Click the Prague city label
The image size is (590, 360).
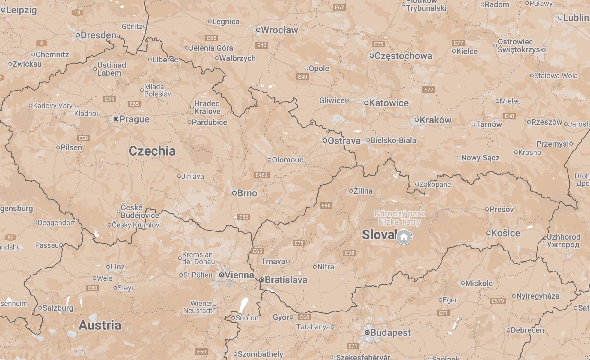134,119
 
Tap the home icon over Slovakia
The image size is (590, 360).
404,237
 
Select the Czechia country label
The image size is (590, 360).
152,151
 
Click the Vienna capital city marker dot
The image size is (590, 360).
222,275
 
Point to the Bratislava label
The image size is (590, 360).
286,280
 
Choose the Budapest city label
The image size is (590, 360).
390,332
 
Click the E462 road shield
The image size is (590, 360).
261,175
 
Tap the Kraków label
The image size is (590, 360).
435,120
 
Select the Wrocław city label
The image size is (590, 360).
279,30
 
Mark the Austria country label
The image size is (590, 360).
100,325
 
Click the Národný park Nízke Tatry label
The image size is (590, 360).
399,218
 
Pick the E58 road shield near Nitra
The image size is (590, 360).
350,253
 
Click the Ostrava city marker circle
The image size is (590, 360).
325,141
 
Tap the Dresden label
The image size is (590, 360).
98,35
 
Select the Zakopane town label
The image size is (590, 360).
435,184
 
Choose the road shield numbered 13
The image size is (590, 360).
77,13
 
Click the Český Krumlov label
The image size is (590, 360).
136,225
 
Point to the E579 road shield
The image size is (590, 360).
498,301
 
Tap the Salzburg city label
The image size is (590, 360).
58,308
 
